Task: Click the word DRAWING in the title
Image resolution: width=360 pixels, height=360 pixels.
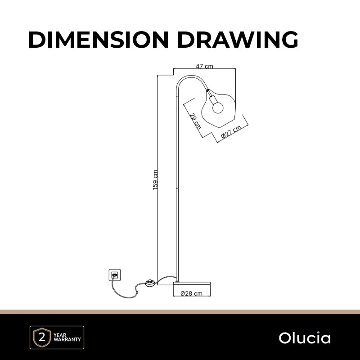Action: point(238,40)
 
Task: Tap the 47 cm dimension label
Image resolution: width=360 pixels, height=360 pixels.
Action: point(204,66)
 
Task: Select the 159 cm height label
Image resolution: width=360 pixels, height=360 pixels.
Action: point(155,180)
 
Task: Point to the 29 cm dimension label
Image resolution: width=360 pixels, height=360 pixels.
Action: point(195,121)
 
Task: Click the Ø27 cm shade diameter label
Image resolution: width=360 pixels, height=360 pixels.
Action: point(231,132)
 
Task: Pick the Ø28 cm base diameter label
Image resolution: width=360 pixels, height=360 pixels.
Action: point(192,293)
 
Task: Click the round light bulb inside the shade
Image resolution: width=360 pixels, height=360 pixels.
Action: point(218,108)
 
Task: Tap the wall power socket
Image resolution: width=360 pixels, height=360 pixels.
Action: point(115,275)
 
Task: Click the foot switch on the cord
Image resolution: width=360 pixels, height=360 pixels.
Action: point(152,283)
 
